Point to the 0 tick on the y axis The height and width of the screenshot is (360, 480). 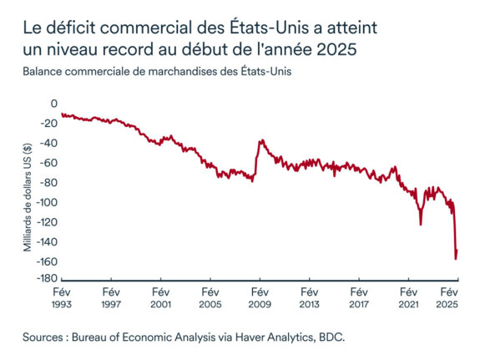tap(53, 104)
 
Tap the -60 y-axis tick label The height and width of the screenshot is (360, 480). tap(48, 163)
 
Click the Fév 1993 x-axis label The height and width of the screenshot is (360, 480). tap(61, 299)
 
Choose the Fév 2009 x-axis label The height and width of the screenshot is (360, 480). tap(260, 299)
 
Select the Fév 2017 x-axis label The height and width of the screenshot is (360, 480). tap(358, 299)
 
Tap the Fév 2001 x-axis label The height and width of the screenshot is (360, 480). tap(160, 299)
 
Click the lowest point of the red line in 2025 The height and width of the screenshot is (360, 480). tap(455, 259)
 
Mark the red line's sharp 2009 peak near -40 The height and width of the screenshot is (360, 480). tap(260, 140)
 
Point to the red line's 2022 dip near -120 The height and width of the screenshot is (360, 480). tap(421, 224)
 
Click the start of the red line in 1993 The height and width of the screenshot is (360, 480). tap(62, 114)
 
